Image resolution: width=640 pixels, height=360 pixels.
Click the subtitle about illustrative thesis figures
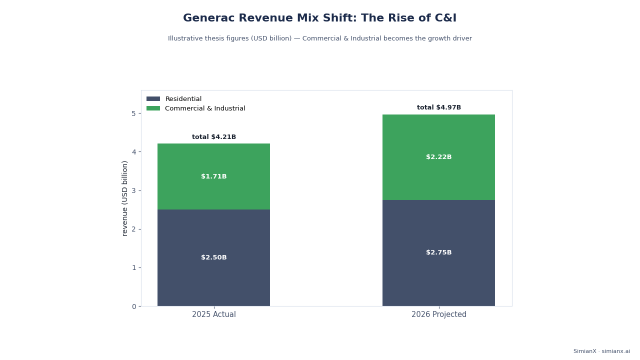(x=319, y=38)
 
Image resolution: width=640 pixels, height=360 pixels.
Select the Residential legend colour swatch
(x=153, y=99)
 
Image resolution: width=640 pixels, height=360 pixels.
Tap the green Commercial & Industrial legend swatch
(x=153, y=108)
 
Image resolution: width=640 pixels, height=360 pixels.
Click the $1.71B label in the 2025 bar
(x=213, y=176)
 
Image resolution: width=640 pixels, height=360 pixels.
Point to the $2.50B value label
(x=213, y=257)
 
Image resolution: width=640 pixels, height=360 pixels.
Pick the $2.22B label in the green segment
(x=438, y=157)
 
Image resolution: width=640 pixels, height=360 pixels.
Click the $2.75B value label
(x=438, y=252)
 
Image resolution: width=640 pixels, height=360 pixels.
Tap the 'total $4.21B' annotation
(x=213, y=137)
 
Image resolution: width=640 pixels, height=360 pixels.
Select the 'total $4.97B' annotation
(x=438, y=107)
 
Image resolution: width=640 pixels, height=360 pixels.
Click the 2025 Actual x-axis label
(x=213, y=314)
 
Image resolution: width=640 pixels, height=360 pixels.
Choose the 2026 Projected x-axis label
(x=438, y=314)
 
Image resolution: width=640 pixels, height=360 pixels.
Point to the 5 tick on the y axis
(x=133, y=113)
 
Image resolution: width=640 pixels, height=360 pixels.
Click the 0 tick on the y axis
(x=133, y=306)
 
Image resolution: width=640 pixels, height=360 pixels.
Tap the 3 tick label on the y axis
(x=133, y=191)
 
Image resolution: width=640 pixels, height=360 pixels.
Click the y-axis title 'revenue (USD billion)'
(x=124, y=198)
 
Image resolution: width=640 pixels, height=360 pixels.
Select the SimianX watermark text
(x=601, y=351)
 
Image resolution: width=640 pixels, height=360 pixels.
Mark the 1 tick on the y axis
(x=133, y=268)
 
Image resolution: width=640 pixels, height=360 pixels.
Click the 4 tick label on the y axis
(x=133, y=152)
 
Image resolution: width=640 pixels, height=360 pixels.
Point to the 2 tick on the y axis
(x=133, y=229)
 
